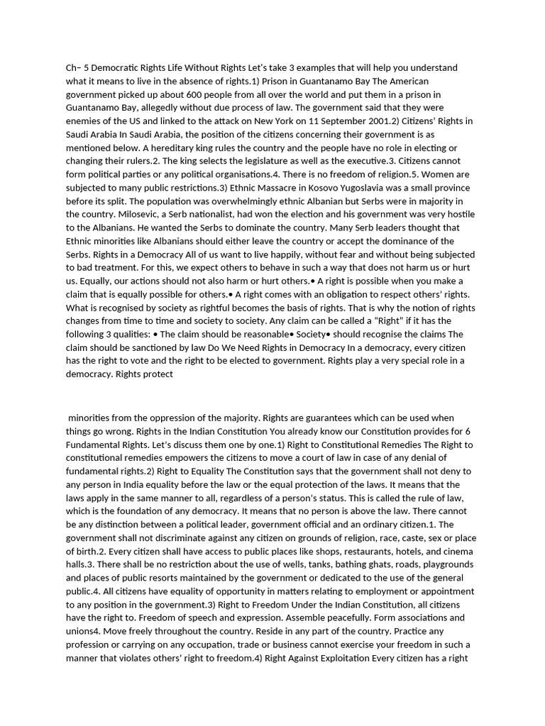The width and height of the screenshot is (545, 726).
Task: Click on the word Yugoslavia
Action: [336, 188]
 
